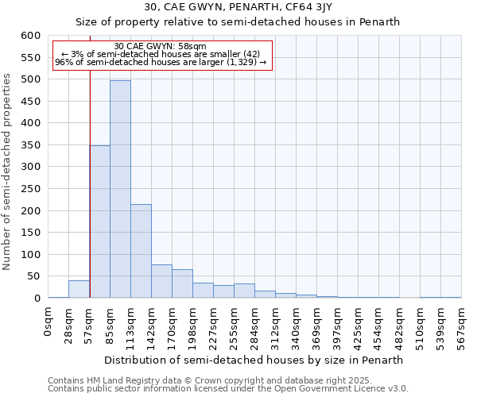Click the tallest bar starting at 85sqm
coord(120,189)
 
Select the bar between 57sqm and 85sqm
coord(99,222)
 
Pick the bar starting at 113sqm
coord(141,251)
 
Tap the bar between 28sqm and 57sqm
coord(79,289)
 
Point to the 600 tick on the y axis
coord(30,36)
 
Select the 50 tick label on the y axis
coord(33,276)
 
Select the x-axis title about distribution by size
coord(254,360)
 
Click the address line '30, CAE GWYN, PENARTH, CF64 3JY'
coord(238,8)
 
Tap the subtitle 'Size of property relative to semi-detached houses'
coord(238,22)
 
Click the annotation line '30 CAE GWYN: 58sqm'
coord(161,46)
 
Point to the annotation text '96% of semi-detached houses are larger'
coord(162,62)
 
